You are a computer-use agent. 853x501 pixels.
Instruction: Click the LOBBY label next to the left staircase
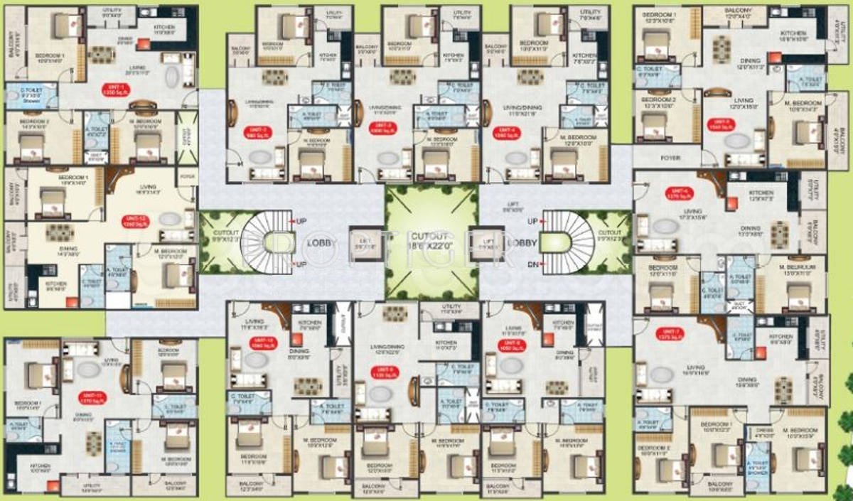pyautogui.click(x=319, y=242)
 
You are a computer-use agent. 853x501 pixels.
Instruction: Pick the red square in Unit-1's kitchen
pyautogui.click(x=144, y=43)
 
